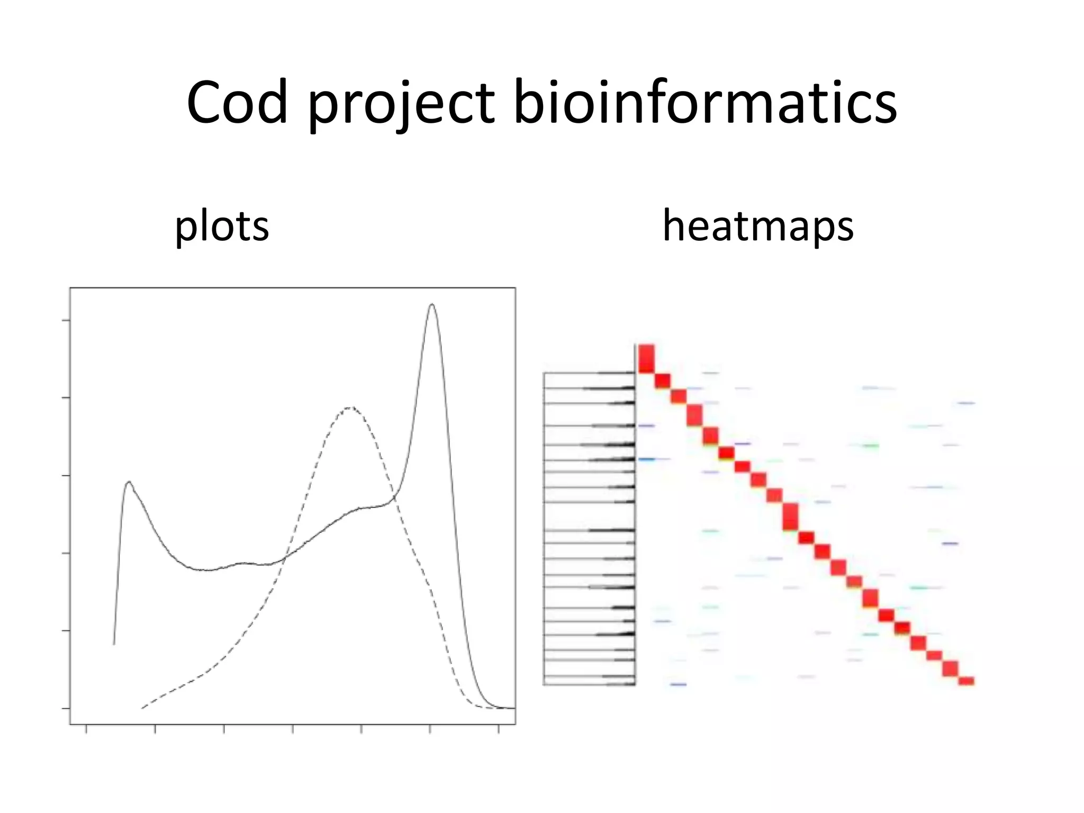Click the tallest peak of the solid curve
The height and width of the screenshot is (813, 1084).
pyautogui.click(x=432, y=305)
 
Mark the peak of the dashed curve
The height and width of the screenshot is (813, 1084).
pyautogui.click(x=350, y=408)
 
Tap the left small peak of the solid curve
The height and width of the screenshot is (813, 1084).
pyautogui.click(x=129, y=482)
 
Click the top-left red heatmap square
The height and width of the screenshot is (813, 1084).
pyautogui.click(x=646, y=358)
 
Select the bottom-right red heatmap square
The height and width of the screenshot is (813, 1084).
pyautogui.click(x=966, y=681)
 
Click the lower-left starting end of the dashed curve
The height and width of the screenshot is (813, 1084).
pyautogui.click(x=142, y=707)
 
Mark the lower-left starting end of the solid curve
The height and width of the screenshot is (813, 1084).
pyautogui.click(x=114, y=644)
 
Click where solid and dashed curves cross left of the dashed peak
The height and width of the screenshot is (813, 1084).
pyautogui.click(x=285, y=557)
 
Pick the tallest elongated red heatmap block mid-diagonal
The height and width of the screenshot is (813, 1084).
pyautogui.click(x=790, y=516)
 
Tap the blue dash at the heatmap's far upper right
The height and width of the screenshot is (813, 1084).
pyautogui.click(x=966, y=403)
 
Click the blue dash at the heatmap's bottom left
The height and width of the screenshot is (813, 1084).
pyautogui.click(x=678, y=685)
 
